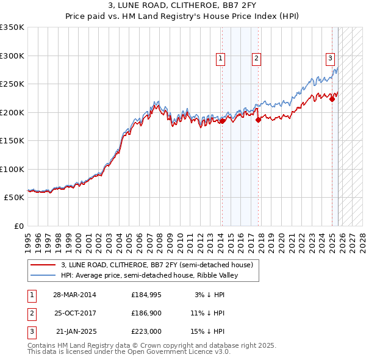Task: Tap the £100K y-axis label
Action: [x=12, y=169]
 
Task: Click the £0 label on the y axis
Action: [x=18, y=226]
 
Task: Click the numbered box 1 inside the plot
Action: [x=220, y=59]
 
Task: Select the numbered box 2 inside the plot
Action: [x=256, y=59]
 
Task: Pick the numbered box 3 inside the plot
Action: [x=330, y=59]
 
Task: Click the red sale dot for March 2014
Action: [x=222, y=121]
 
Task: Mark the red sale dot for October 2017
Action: [x=258, y=120]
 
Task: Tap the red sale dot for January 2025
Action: [x=332, y=99]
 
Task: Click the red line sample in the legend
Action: [x=43, y=265]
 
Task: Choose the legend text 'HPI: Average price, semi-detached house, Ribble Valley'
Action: [x=149, y=275]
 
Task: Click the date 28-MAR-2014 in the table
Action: [x=74, y=295]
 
